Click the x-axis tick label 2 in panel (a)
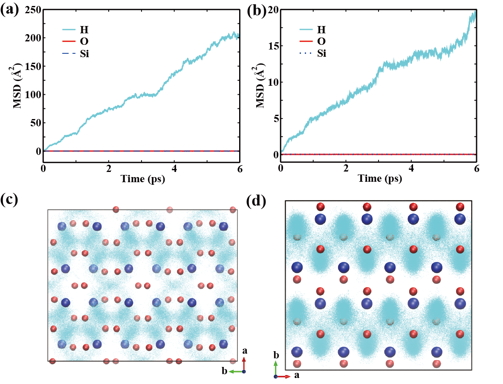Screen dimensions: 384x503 pyautogui.click(x=109, y=168)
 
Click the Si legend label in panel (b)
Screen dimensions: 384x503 pyautogui.click(x=321, y=54)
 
